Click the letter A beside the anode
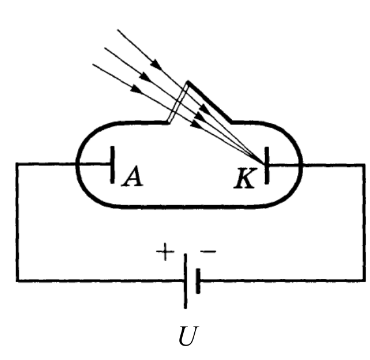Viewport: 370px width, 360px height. click(133, 176)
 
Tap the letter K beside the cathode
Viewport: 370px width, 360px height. click(245, 179)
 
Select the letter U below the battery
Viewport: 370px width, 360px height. click(188, 335)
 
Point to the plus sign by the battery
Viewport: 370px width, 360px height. click(165, 252)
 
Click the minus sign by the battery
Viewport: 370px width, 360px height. click(208, 252)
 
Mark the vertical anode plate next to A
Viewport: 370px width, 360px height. click(112, 164)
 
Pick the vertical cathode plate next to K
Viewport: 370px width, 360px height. click(267, 165)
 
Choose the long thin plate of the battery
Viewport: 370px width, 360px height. click(185, 281)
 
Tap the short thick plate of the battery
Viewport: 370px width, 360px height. click(198, 281)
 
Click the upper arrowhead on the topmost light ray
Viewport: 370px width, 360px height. click(156, 64)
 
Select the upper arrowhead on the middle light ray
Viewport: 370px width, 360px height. click(144, 77)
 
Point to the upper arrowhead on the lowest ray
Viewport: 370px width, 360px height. click(137, 89)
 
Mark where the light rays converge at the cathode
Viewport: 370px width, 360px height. click(264, 163)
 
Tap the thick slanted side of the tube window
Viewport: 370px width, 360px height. click(210, 102)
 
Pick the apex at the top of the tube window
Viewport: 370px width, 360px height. click(188, 82)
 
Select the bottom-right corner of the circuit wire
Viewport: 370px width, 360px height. click(364, 281)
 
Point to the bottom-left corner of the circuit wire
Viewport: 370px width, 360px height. click(18, 281)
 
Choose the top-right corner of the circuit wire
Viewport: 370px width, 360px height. click(364, 165)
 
